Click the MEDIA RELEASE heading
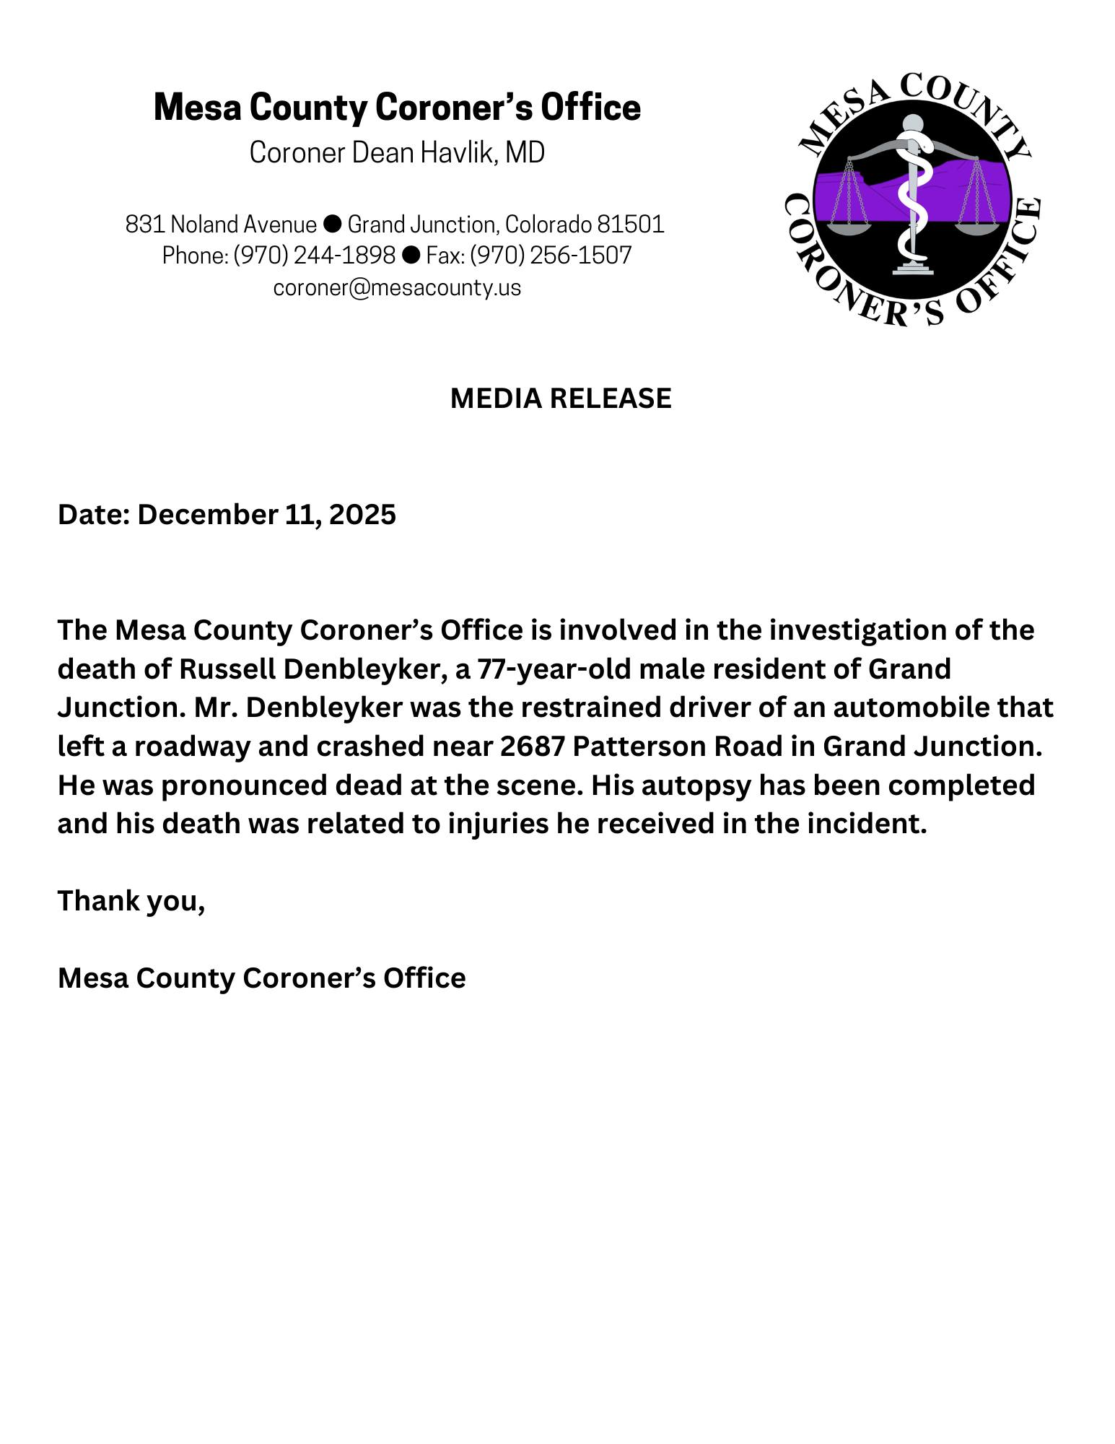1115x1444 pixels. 560,399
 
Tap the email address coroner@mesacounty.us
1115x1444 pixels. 397,287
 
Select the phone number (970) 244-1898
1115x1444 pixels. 314,255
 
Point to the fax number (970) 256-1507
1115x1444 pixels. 551,255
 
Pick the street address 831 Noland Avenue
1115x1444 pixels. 221,225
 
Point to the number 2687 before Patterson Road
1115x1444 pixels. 532,746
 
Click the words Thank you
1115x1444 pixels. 131,900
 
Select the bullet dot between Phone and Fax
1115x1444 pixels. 411,254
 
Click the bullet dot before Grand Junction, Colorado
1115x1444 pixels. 332,224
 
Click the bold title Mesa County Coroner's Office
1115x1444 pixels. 397,107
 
